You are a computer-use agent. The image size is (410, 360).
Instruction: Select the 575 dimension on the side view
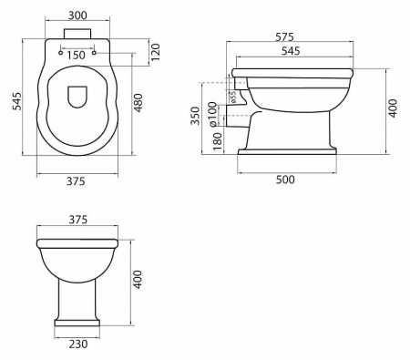tap(284, 37)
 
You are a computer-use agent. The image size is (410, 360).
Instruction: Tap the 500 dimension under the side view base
tap(285, 180)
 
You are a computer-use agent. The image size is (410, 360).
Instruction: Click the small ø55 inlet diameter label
tap(233, 97)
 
